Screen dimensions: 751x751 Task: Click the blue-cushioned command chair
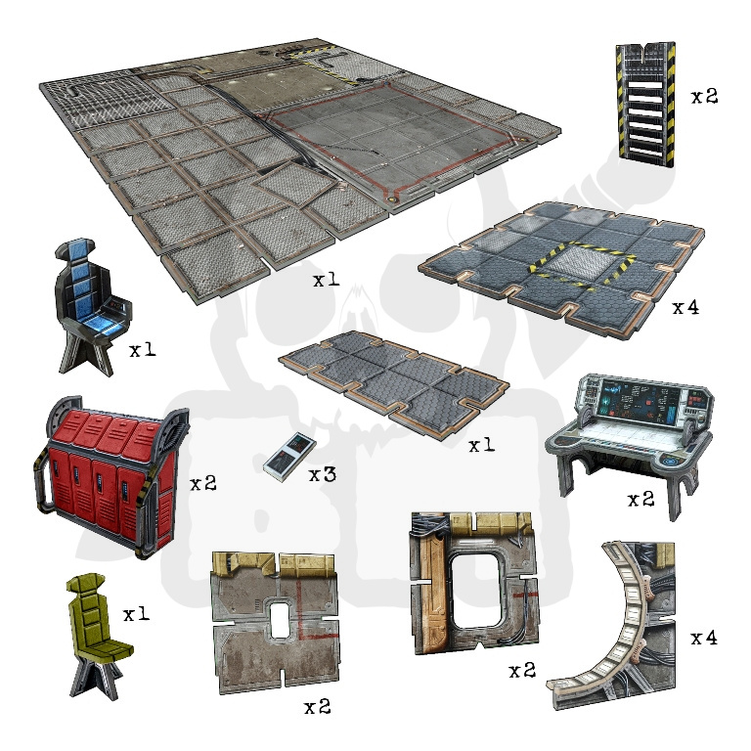[91, 306]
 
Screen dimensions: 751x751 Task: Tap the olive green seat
[98, 635]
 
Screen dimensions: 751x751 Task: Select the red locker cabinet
[111, 475]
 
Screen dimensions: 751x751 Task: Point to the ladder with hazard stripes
[646, 104]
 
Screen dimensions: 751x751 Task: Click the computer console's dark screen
[641, 401]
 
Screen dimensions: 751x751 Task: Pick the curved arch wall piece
[618, 623]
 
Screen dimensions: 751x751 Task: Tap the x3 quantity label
[323, 474]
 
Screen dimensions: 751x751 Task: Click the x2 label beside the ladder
[704, 97]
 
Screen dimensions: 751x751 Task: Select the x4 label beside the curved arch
[704, 638]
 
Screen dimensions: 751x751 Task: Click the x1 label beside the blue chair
[143, 350]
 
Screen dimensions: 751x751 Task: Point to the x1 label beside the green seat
[137, 614]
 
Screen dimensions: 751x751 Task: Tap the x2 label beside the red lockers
[203, 484]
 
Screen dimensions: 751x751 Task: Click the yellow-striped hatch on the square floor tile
[582, 264]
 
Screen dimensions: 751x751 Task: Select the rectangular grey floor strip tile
[394, 383]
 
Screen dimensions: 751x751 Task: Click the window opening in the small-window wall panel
[279, 620]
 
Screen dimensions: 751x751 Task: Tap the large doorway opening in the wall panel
[475, 591]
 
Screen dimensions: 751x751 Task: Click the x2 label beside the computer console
[641, 500]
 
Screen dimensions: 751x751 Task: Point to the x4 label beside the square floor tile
[685, 307]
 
